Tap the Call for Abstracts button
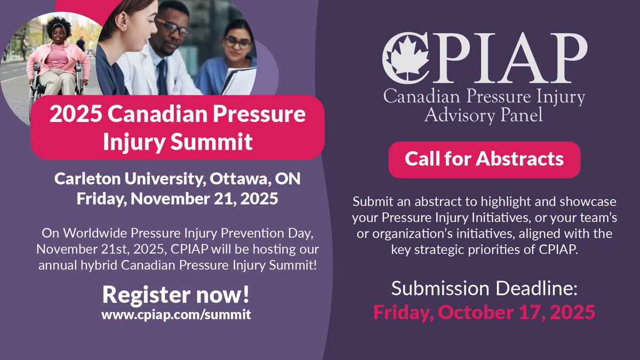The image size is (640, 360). (x=484, y=159)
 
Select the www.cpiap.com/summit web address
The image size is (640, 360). (x=176, y=314)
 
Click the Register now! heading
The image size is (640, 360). (x=176, y=294)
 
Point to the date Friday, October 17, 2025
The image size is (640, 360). (x=484, y=312)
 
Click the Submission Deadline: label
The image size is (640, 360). (x=484, y=289)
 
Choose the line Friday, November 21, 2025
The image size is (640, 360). (x=177, y=199)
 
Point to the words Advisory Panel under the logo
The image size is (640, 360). (x=484, y=114)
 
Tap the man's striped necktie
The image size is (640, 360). (x=162, y=78)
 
